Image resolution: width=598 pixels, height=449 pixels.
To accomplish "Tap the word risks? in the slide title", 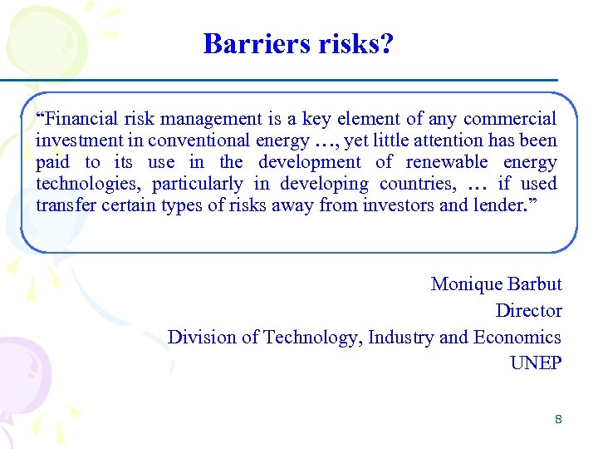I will (x=354, y=43).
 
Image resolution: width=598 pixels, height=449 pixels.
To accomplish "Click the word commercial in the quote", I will (x=510, y=119).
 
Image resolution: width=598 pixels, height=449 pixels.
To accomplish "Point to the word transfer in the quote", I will (x=66, y=205).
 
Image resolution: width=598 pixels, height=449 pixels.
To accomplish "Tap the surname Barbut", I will (x=534, y=284).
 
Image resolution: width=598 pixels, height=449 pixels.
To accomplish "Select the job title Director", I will (x=528, y=311).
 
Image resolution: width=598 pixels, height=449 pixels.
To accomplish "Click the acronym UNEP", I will (x=536, y=363).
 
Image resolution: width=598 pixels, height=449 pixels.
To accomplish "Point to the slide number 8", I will (x=558, y=419).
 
